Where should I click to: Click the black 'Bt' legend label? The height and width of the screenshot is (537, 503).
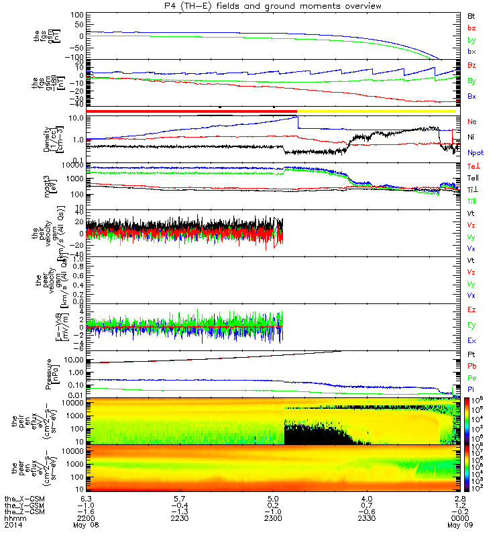[471, 15]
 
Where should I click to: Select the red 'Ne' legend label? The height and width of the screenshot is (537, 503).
[471, 121]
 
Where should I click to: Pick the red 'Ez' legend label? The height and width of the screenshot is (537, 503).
[471, 309]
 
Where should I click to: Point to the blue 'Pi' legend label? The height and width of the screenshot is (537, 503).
[471, 389]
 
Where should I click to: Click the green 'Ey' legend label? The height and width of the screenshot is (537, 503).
[471, 325]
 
